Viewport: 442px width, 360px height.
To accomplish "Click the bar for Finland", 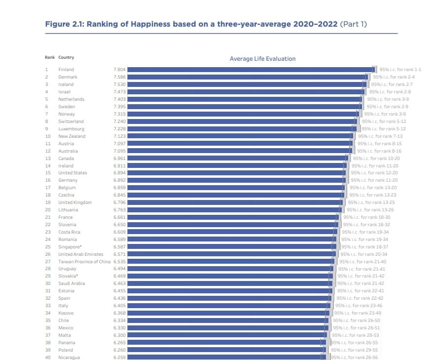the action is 251,70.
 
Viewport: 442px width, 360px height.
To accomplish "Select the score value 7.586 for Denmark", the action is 120,77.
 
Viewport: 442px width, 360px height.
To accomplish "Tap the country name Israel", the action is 64,92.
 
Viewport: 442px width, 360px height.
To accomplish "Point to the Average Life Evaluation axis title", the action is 263,59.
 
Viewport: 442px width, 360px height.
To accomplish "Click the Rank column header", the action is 50,57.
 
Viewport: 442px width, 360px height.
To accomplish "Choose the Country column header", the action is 66,57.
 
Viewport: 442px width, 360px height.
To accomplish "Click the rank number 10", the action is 48,136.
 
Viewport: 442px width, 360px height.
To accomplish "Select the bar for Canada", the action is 238,159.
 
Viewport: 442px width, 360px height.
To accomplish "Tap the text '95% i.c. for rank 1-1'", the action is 401,70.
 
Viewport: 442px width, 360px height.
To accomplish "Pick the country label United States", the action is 73,173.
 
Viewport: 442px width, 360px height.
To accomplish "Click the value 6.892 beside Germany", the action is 120,180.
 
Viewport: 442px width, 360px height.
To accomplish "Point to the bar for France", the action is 233,217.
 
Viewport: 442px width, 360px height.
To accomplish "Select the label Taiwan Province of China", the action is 84,262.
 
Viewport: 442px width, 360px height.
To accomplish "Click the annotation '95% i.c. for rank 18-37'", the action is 365,247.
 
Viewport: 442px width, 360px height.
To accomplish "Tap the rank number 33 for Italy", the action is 48,306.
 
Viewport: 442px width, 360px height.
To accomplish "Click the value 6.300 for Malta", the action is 120,335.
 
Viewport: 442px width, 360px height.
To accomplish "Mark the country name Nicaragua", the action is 69,358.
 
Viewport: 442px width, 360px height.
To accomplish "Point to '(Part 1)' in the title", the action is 354,24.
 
